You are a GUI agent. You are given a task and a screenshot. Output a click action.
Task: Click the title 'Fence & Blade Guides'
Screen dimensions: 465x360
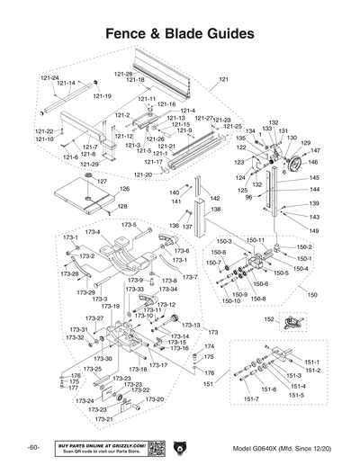click(180, 34)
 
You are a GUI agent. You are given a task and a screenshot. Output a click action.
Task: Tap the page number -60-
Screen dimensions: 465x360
click(32, 448)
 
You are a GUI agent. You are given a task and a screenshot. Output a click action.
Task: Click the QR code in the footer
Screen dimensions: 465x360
click(154, 447)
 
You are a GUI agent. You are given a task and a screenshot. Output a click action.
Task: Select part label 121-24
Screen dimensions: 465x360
click(49, 78)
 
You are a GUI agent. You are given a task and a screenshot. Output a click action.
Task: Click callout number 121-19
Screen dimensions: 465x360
click(103, 95)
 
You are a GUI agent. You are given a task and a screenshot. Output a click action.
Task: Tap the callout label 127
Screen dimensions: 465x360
click(102, 182)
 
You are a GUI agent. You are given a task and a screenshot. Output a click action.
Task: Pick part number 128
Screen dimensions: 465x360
click(121, 206)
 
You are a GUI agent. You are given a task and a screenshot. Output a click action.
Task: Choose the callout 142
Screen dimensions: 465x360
click(213, 197)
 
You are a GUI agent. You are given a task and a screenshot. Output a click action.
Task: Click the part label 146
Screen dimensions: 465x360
click(312, 163)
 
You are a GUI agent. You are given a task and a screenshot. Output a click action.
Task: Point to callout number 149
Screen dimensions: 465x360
click(313, 230)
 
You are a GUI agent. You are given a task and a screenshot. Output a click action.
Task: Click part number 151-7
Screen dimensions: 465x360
click(250, 398)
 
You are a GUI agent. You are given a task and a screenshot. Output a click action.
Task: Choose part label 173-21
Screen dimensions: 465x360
click(103, 419)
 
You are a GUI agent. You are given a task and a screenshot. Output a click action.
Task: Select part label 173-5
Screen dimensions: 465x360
click(129, 224)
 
